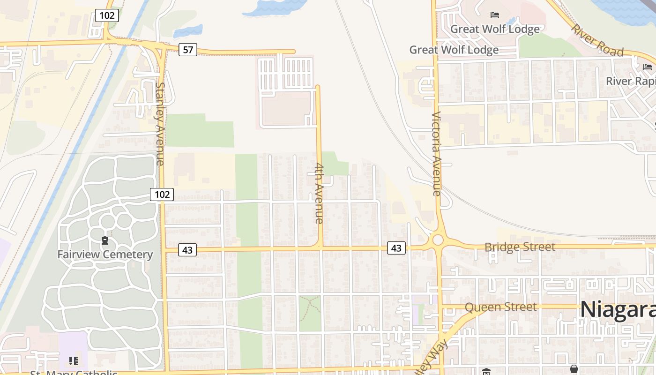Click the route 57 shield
(188, 49)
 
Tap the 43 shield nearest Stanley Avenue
(187, 250)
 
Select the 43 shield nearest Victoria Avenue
(396, 248)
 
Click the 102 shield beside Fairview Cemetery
(162, 194)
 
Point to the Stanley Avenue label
(160, 124)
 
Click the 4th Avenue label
(319, 193)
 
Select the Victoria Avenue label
(436, 154)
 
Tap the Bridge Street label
(520, 247)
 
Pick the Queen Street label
(500, 307)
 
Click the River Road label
(597, 39)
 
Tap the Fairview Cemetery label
(105, 255)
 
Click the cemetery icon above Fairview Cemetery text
(105, 241)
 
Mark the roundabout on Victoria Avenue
(438, 240)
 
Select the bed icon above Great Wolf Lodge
(494, 15)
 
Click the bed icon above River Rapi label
(648, 67)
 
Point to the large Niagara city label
(618, 310)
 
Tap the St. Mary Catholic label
(74, 373)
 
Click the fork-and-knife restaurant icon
(74, 361)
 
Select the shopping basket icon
(574, 369)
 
